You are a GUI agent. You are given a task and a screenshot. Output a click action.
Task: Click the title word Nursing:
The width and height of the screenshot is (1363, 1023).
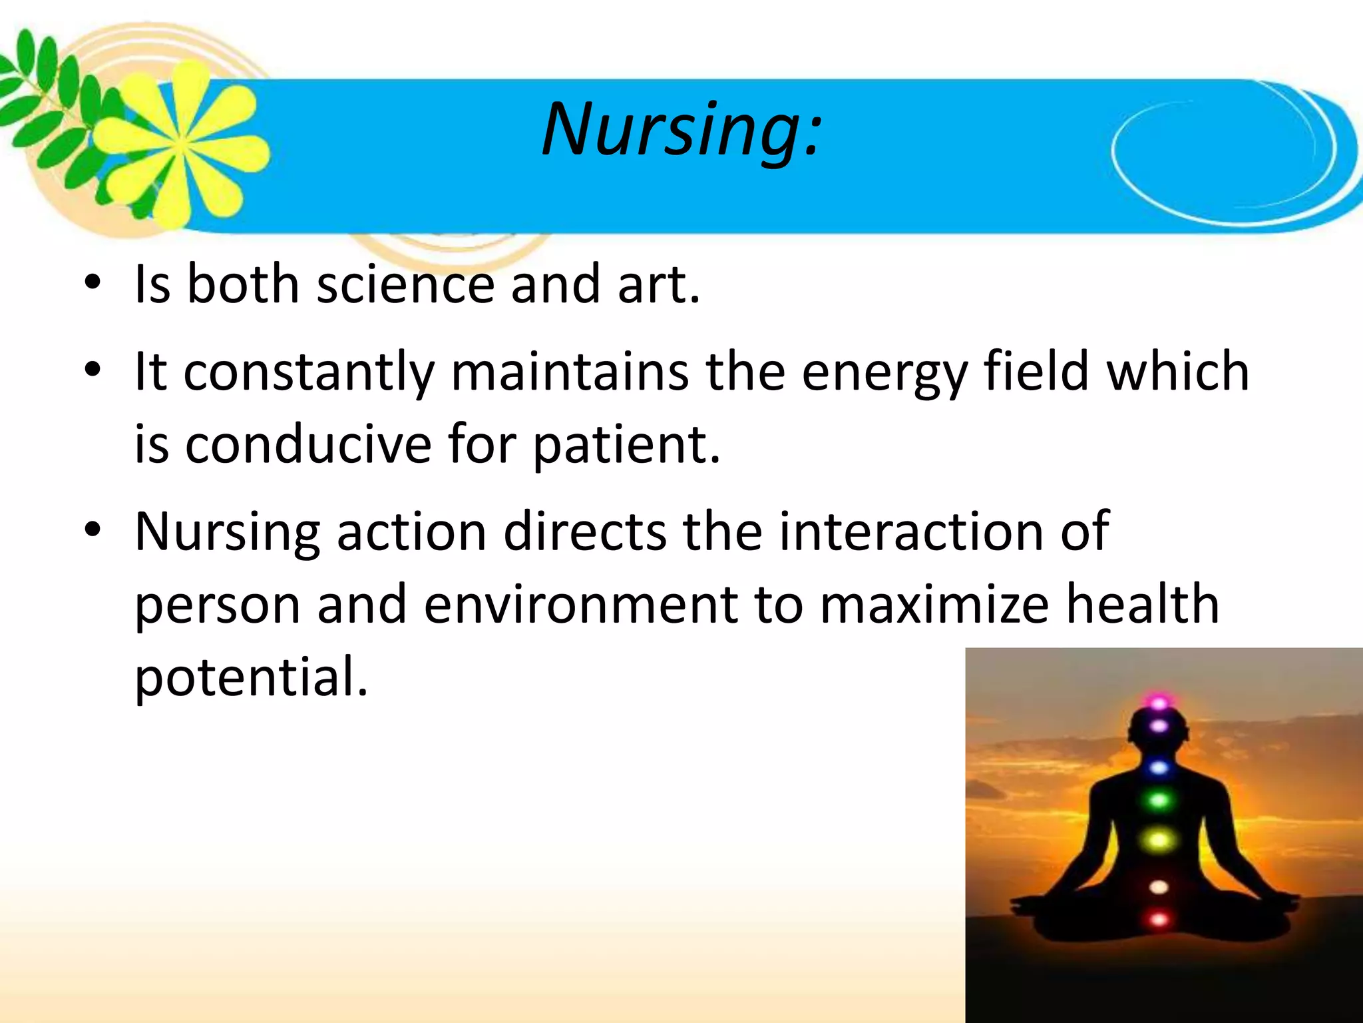(682, 130)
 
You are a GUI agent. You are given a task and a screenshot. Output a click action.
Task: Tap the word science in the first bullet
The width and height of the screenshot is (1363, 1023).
(405, 284)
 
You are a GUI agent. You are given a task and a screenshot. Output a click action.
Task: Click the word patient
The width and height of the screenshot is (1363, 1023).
(626, 446)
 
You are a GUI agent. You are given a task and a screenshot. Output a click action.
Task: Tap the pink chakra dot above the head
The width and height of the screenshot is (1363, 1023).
(1159, 702)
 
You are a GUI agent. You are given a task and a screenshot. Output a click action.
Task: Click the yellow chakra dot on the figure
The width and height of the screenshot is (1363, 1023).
(1159, 841)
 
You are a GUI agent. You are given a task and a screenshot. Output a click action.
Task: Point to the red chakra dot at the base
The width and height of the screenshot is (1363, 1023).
(1159, 920)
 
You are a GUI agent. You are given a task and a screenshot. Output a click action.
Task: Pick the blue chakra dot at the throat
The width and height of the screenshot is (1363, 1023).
(1159, 768)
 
